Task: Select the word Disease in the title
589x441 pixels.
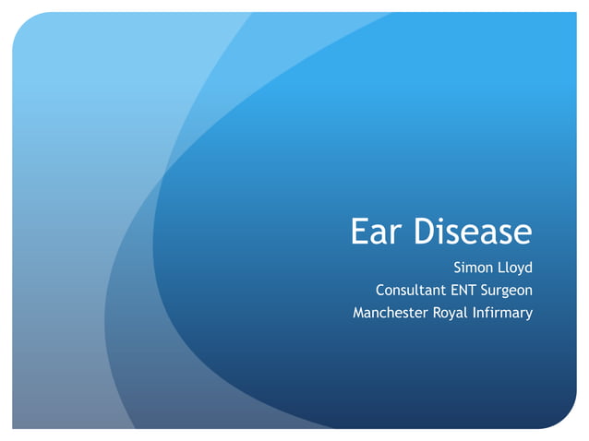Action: (473, 232)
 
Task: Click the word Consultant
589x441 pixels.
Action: (413, 291)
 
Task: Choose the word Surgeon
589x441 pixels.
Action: (511, 291)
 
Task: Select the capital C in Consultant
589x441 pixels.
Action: (380, 291)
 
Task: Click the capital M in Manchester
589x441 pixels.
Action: (360, 313)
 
